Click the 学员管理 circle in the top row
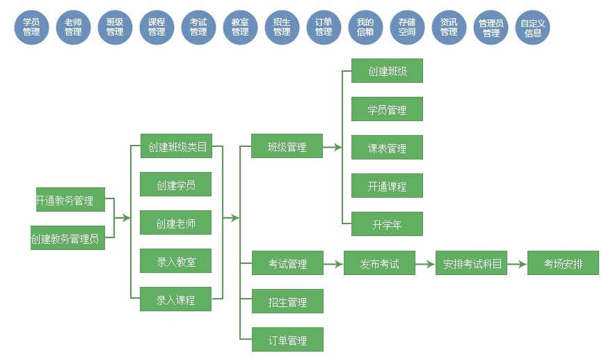[31, 27]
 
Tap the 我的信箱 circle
[365, 27]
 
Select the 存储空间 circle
[407, 27]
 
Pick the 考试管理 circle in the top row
[198, 27]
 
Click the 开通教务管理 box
[70, 200]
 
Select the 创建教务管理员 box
[67, 238]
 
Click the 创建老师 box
[175, 223]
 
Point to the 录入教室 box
[175, 262]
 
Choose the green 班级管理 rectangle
[287, 146]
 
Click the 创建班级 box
[387, 71]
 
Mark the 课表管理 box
[387, 148]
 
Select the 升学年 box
[387, 224]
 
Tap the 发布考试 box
[379, 264]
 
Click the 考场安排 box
[563, 264]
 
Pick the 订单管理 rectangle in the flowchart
[287, 340]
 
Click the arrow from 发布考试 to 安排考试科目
[425, 264]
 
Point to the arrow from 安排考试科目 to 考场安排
[516, 264]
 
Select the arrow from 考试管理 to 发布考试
[333, 264]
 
